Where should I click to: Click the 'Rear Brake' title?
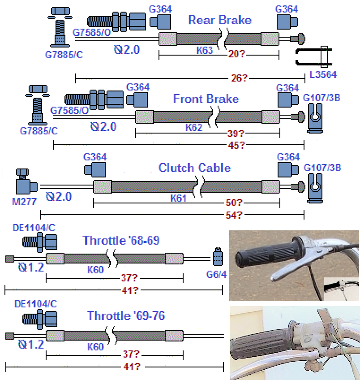click(219, 20)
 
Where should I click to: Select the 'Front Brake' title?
click(206, 99)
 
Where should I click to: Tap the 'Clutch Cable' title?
click(195, 168)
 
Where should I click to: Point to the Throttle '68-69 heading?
click(121, 240)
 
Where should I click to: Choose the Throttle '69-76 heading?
click(126, 316)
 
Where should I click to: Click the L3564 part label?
click(323, 75)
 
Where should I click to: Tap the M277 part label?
click(23, 202)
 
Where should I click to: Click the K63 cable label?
click(205, 50)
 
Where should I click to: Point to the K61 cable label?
click(178, 198)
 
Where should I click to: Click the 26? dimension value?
click(238, 78)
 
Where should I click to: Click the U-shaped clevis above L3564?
click(313, 56)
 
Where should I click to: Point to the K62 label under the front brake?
click(194, 128)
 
